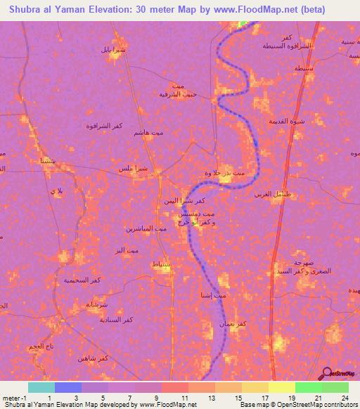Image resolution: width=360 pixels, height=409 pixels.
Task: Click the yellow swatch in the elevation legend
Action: click(281, 387)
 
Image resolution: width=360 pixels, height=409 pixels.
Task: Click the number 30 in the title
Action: click(146, 11)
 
